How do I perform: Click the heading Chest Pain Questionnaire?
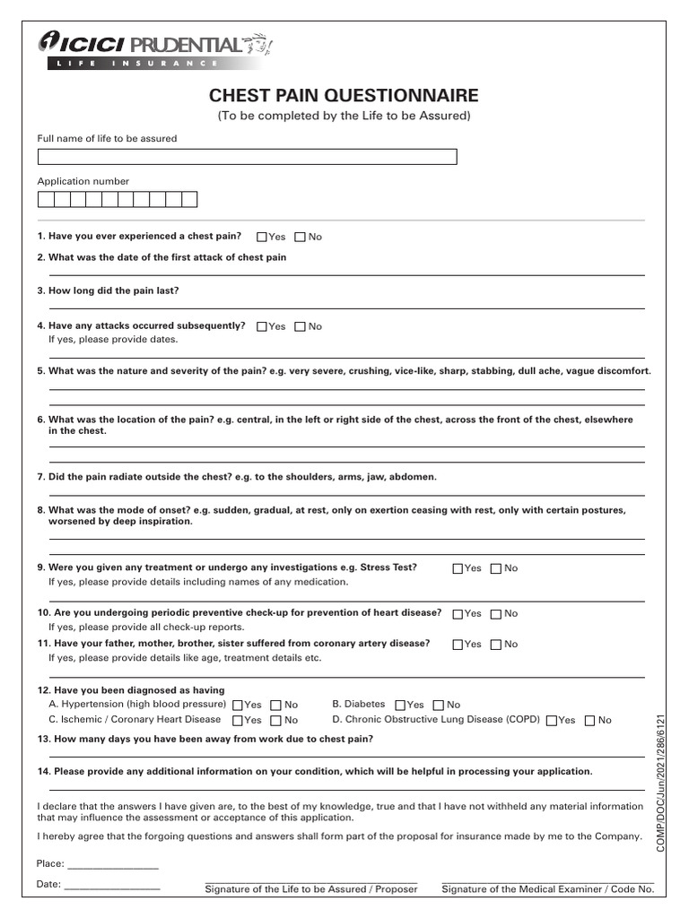[344, 96]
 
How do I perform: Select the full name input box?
[247, 157]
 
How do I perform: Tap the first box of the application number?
[45, 200]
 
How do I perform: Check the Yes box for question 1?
[262, 238]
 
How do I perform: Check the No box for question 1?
[301, 238]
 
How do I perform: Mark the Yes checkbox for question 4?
[262, 327]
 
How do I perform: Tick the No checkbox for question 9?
[496, 568]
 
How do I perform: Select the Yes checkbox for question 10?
[458, 614]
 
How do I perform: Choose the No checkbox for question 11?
[496, 645]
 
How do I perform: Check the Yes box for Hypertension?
[238, 706]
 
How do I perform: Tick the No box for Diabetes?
[439, 706]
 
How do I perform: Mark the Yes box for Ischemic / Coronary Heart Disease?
[238, 721]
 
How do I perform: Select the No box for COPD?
[590, 721]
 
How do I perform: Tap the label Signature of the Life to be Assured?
[311, 889]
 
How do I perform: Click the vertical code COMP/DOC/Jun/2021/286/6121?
[661, 784]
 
